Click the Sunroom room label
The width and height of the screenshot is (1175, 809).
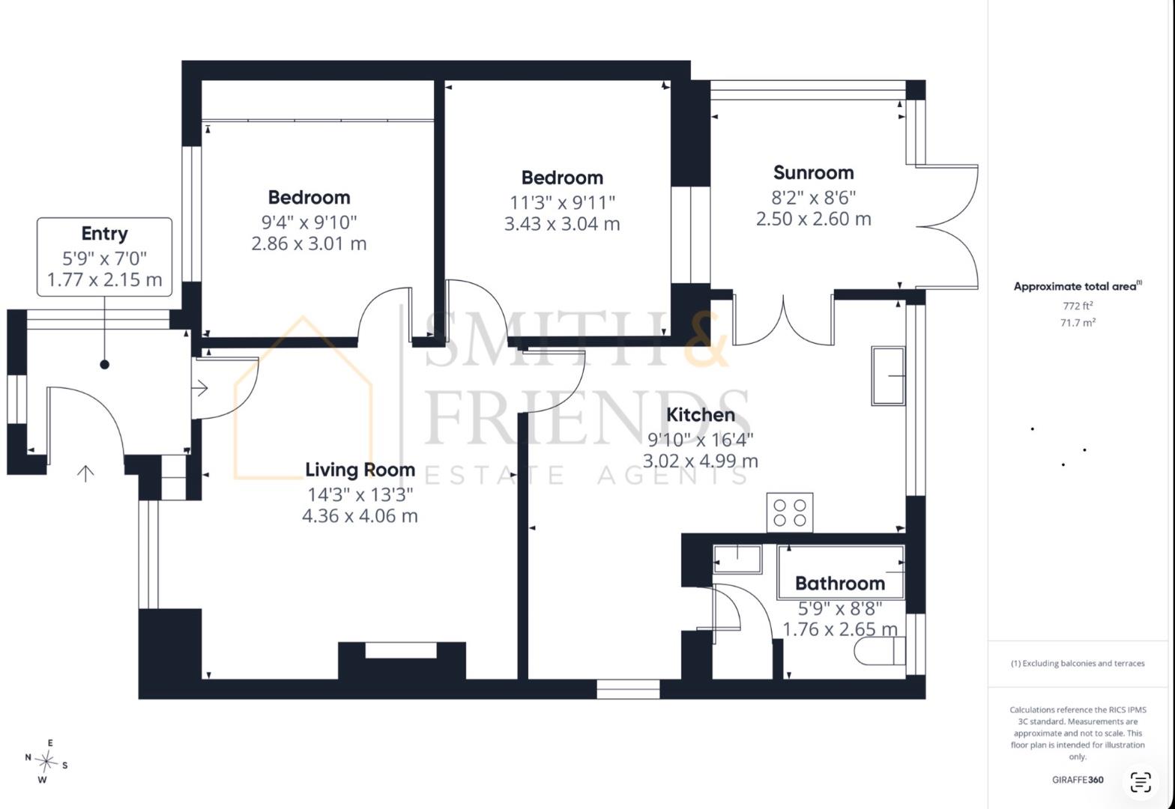[814, 172]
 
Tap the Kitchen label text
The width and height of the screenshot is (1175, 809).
[700, 415]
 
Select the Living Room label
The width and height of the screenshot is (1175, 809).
[360, 470]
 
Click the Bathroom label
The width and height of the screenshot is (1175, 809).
[840, 584]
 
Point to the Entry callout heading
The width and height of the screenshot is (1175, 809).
[104, 234]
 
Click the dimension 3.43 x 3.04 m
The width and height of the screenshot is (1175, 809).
[562, 224]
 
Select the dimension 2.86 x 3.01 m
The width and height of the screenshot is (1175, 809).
[309, 243]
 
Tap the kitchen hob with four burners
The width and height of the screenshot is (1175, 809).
[790, 513]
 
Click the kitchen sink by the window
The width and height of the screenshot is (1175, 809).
[888, 376]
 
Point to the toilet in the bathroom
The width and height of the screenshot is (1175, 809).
[880, 651]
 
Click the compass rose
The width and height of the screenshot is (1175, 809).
[46, 761]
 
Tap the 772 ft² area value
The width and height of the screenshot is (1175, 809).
[1078, 306]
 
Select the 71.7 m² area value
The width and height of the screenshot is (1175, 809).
[1078, 322]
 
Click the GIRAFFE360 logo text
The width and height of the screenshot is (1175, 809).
[1078, 780]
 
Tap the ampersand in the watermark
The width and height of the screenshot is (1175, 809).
[706, 339]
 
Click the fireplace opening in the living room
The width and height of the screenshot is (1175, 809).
[401, 650]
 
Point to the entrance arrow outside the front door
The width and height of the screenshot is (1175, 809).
[85, 473]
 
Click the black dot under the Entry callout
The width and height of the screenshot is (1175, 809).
[104, 364]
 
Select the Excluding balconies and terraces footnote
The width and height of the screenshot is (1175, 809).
[1078, 663]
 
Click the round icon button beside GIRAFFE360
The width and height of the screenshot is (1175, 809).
[1141, 782]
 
